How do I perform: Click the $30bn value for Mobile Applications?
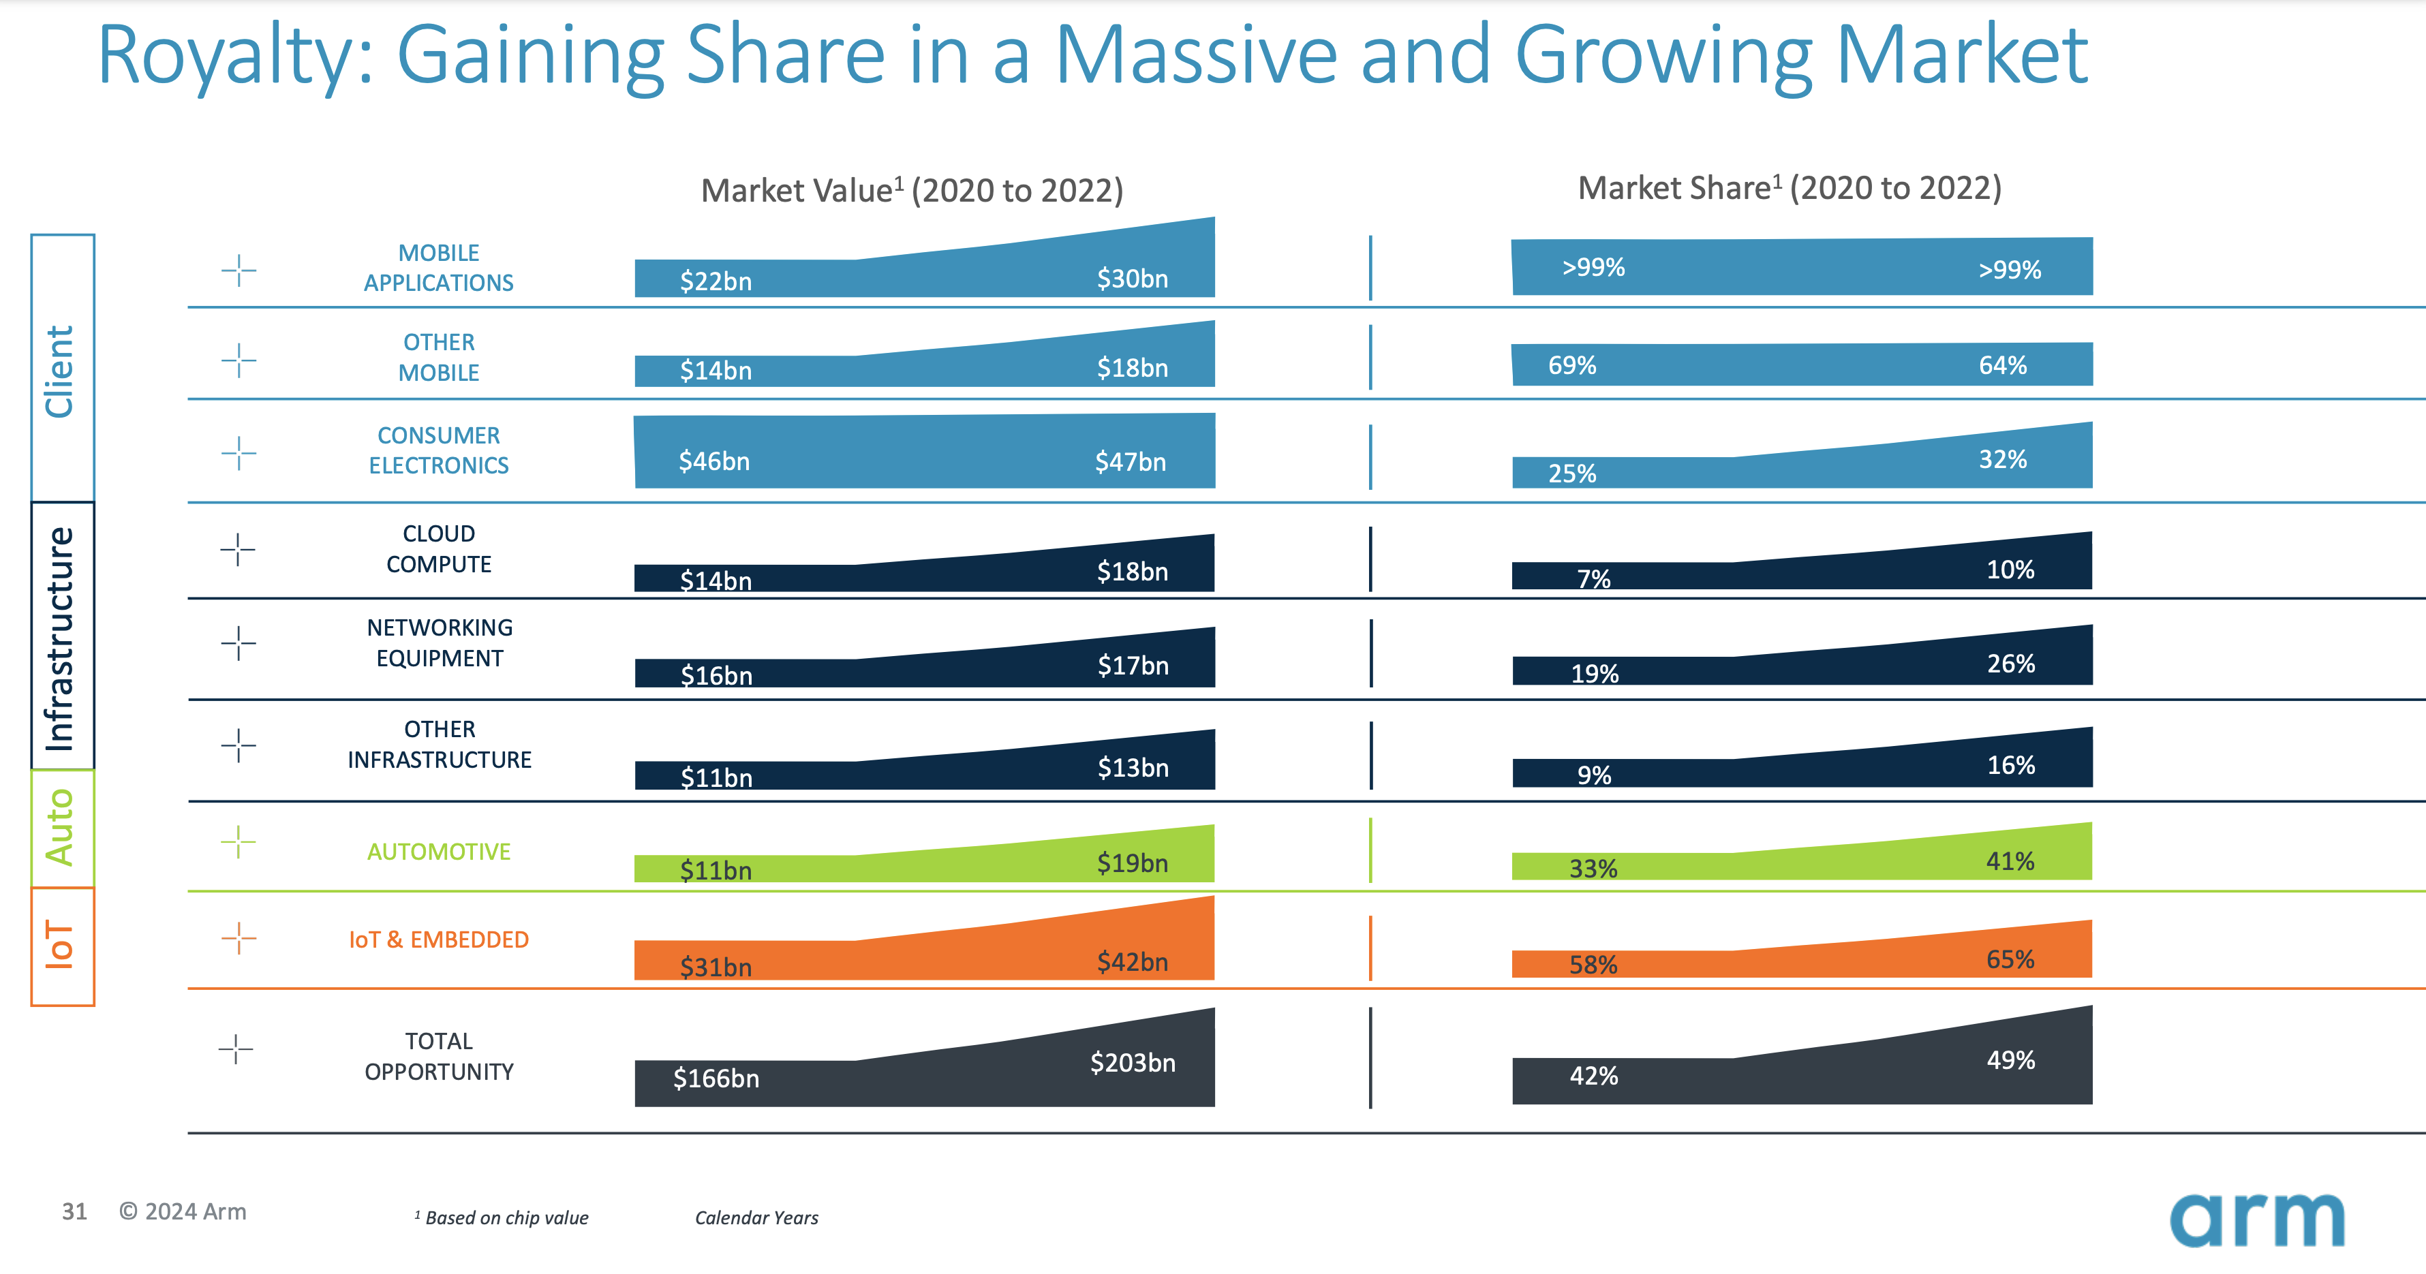click(1132, 279)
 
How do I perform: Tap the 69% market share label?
click(1572, 365)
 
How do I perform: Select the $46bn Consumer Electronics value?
click(714, 461)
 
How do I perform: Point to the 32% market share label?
click(2002, 459)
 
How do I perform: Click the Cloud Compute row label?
click(439, 549)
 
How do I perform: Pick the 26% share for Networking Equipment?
click(2011, 664)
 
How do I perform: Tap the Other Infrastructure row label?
click(439, 745)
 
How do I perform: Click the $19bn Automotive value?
click(1132, 863)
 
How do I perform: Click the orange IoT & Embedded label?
click(439, 939)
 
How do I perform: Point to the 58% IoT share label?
click(1593, 964)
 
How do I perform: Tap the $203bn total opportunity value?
click(1132, 1063)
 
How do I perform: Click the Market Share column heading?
click(1790, 188)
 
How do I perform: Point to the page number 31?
click(74, 1212)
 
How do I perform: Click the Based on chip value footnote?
click(506, 1217)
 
